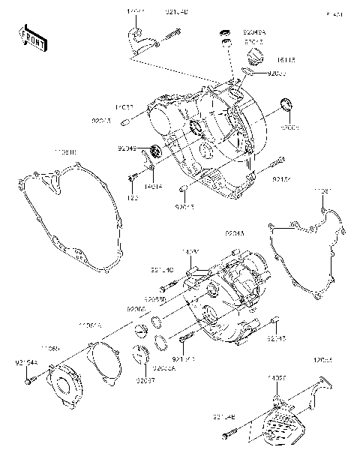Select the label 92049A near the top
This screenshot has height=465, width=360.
(253, 33)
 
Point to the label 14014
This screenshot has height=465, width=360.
(153, 185)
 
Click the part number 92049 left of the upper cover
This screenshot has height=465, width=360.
(125, 148)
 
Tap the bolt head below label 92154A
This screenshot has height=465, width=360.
(28, 382)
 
